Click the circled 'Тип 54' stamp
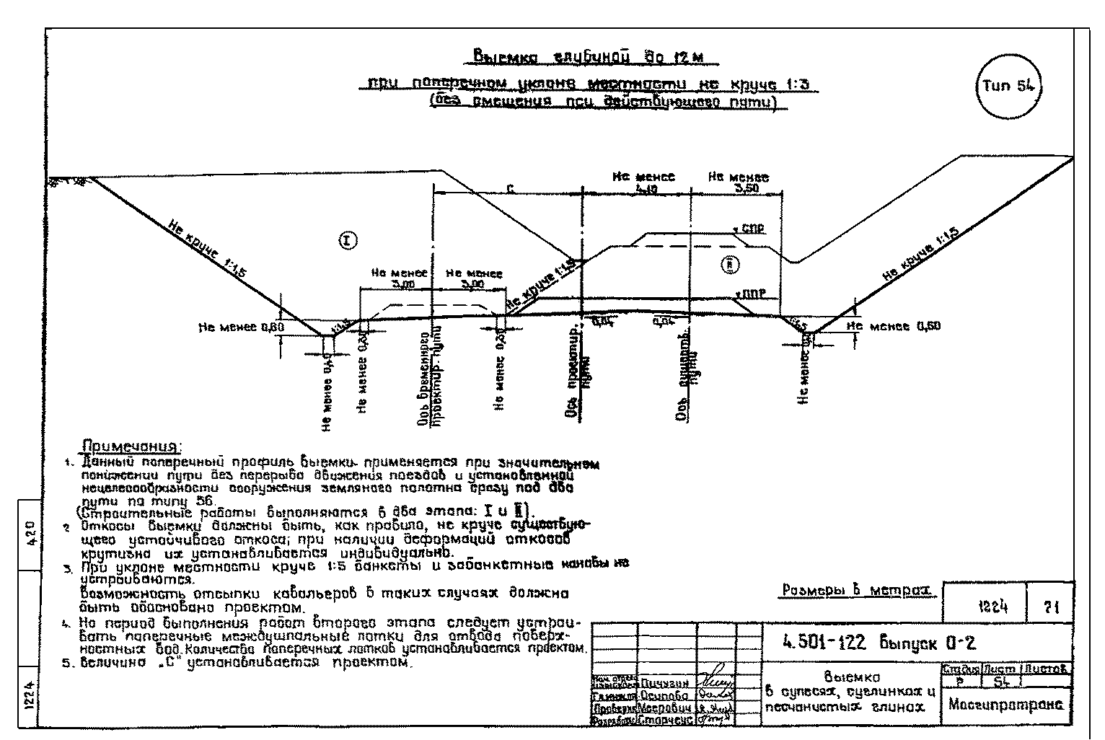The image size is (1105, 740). coord(1011,86)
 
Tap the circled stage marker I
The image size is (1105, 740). coord(347,240)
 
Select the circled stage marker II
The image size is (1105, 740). coord(730,265)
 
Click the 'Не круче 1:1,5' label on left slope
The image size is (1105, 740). coord(207,249)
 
